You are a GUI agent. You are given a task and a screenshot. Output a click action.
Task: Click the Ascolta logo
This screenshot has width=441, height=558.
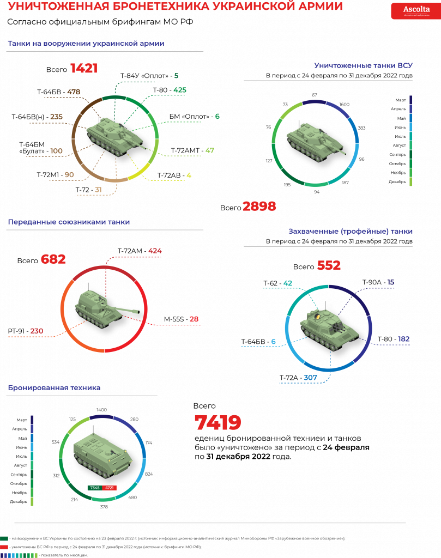(x=416, y=10)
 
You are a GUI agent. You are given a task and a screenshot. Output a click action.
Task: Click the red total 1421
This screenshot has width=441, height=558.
(x=84, y=69)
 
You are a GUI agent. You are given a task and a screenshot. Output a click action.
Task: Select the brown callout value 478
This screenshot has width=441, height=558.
(x=74, y=92)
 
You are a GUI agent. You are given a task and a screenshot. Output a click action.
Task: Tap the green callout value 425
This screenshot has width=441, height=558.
(x=180, y=89)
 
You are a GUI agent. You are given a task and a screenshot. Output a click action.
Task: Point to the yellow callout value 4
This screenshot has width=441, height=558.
(x=189, y=175)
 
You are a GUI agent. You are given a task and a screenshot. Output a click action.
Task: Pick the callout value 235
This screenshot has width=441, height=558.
(x=56, y=117)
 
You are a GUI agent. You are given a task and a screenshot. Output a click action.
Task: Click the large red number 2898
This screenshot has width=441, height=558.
(x=259, y=207)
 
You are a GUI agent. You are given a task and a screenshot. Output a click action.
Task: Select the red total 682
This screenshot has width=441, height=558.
(x=53, y=259)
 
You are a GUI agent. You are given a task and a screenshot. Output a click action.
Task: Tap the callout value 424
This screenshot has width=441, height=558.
(x=155, y=251)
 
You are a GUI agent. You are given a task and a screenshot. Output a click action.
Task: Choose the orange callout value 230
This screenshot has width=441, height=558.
(x=37, y=331)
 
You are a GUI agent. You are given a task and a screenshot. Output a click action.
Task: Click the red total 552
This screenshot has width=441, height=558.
(x=329, y=265)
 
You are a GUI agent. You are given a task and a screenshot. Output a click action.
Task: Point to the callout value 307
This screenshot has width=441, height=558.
(x=310, y=377)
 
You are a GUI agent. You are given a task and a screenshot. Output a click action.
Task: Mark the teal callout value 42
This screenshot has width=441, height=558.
(x=288, y=283)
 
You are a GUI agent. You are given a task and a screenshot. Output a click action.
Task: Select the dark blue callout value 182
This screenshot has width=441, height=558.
(x=403, y=339)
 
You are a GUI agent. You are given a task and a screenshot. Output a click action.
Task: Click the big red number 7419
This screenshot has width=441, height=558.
(x=218, y=423)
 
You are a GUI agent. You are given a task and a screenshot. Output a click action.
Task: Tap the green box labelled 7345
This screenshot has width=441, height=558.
(x=94, y=487)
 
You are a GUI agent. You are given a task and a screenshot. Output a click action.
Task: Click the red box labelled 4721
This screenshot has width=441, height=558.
(x=110, y=487)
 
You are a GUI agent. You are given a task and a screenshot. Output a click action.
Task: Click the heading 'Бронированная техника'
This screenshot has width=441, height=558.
(x=54, y=387)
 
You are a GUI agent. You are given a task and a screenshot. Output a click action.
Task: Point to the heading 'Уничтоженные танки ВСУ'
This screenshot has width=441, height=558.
(x=363, y=65)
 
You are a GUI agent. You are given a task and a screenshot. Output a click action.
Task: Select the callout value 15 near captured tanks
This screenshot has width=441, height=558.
(x=390, y=282)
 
